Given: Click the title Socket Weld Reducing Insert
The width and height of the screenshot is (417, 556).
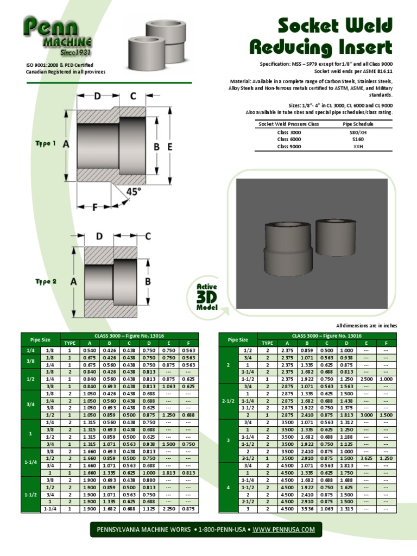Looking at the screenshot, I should pos(320,36).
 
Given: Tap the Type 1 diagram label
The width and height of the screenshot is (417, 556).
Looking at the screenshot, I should pos(46,143).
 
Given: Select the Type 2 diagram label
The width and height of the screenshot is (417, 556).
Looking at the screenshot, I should pos(46,281).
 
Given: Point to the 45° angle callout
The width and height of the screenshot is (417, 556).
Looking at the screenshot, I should pos(134,192).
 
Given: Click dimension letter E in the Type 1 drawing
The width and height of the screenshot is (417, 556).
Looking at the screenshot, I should pos(170,146).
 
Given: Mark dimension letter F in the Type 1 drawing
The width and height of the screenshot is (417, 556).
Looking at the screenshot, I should pos(94,207).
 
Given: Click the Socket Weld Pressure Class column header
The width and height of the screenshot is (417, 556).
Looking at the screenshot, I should pos(288,124).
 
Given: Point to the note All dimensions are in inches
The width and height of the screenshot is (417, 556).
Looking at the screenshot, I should pos(367,325).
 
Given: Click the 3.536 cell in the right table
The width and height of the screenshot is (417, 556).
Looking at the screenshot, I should pos(307,509).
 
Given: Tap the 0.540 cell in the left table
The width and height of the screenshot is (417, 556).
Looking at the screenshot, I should pos(89,351).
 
